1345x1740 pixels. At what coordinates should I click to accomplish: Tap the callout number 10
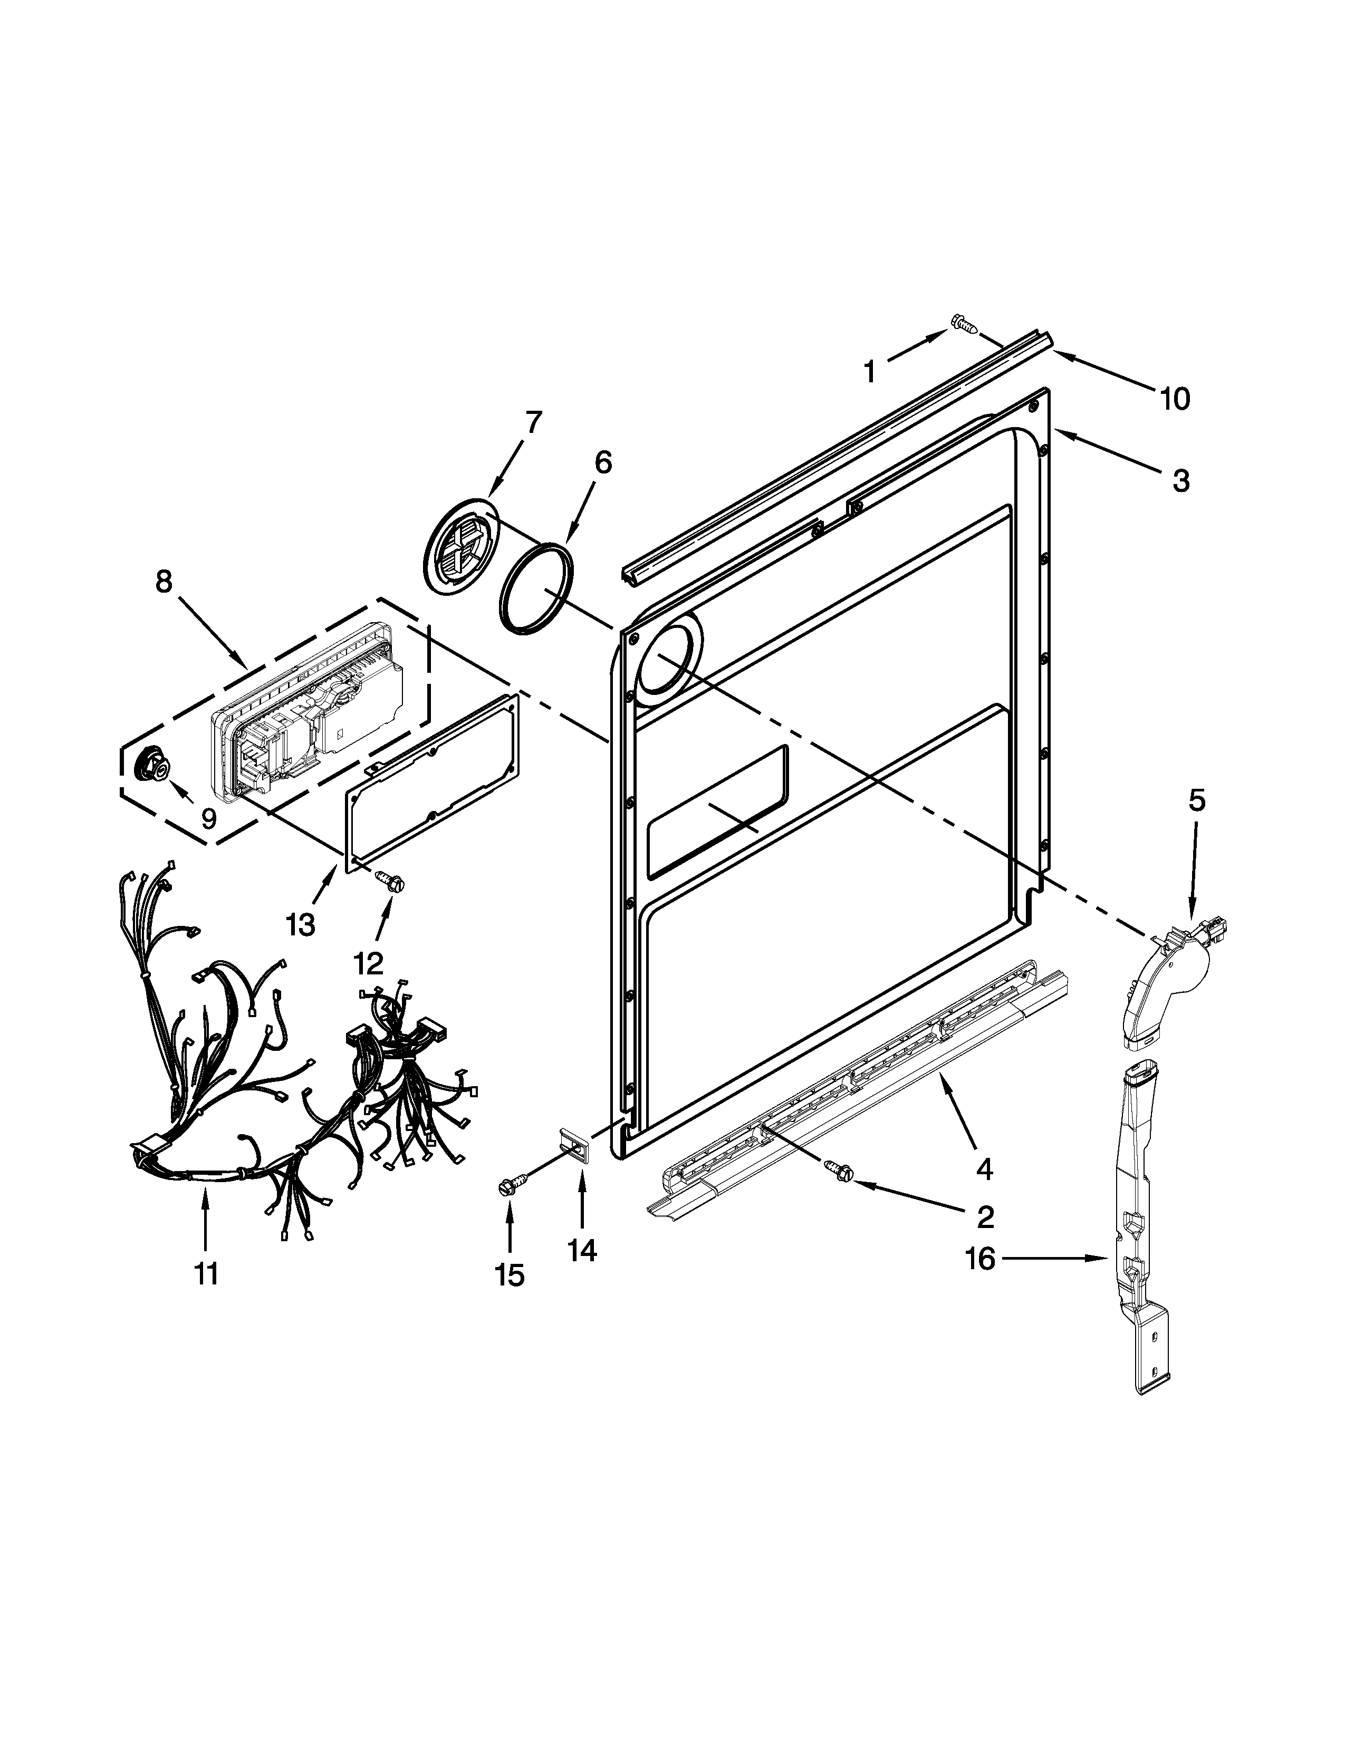point(1175,398)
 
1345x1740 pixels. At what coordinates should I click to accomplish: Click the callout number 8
point(164,582)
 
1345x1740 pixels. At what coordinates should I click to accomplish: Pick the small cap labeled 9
point(155,767)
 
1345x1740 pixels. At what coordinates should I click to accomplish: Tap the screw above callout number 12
point(392,881)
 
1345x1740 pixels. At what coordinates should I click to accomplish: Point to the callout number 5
point(1197,801)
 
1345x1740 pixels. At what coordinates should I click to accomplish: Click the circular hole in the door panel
point(668,659)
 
